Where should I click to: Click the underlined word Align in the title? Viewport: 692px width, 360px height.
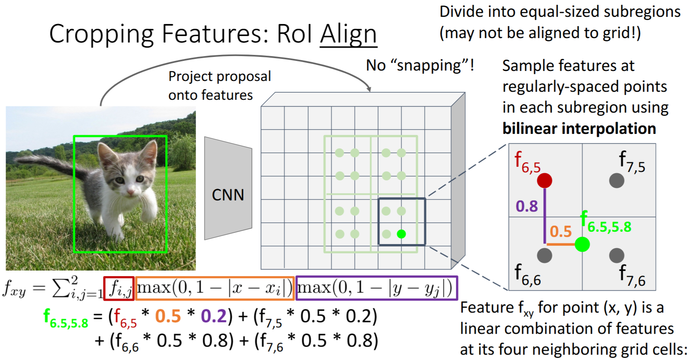(x=348, y=34)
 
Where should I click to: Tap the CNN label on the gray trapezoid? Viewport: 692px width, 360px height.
(x=228, y=195)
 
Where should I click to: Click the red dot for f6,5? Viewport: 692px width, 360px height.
(x=544, y=180)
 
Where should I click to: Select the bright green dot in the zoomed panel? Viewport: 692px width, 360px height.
(x=582, y=244)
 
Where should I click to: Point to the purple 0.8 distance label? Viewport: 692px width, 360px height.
(x=526, y=206)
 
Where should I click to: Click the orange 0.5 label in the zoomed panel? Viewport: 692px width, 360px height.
(x=560, y=231)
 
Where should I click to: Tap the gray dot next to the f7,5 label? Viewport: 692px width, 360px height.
(x=616, y=180)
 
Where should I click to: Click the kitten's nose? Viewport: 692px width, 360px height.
(x=130, y=193)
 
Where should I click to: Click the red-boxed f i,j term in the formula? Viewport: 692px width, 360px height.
(x=119, y=288)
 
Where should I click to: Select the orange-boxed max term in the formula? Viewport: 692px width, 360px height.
(x=215, y=288)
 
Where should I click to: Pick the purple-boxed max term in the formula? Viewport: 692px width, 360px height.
(x=376, y=288)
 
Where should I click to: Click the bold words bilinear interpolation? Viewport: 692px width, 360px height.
(x=579, y=129)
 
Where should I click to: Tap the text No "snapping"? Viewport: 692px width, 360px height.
(x=420, y=65)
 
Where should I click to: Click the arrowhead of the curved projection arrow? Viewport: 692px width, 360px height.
(x=368, y=89)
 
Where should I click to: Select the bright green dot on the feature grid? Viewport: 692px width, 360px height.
(x=401, y=234)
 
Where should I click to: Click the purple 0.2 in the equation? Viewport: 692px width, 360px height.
(x=214, y=316)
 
